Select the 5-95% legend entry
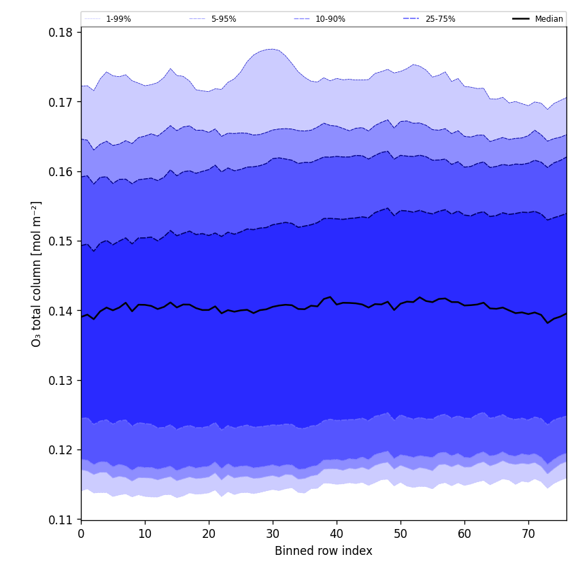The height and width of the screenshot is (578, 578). click(223, 19)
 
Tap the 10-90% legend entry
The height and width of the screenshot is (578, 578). click(330, 19)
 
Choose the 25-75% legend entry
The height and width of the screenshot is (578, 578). click(440, 19)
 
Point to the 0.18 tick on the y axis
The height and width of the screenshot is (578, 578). click(63, 32)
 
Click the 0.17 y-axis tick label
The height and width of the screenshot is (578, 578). click(63, 102)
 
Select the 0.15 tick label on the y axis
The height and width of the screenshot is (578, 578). click(63, 241)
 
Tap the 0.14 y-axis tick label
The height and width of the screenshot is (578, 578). click(63, 311)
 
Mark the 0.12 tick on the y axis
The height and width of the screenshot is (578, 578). click(63, 450)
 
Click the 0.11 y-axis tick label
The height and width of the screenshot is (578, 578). click(63, 520)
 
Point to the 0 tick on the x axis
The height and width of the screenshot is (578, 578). click(81, 534)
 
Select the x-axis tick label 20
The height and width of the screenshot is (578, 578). click(209, 534)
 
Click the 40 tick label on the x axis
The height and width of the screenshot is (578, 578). click(337, 534)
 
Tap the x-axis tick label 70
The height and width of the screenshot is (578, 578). click(528, 534)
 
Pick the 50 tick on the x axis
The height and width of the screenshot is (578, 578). click(401, 534)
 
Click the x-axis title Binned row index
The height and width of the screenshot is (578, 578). click(324, 551)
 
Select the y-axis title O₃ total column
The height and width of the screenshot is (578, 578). click(37, 273)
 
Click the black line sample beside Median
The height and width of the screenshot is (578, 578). click(522, 19)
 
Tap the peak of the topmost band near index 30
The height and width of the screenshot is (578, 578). click(272, 49)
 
